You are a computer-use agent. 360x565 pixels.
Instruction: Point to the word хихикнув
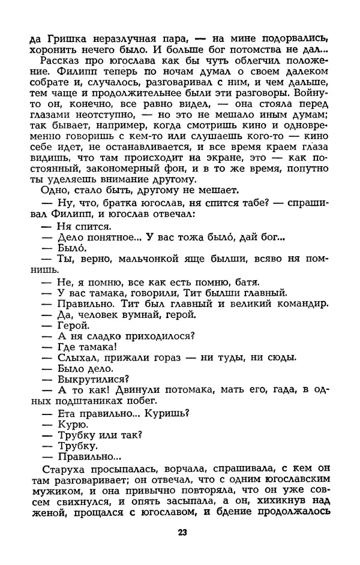pos(284,495)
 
